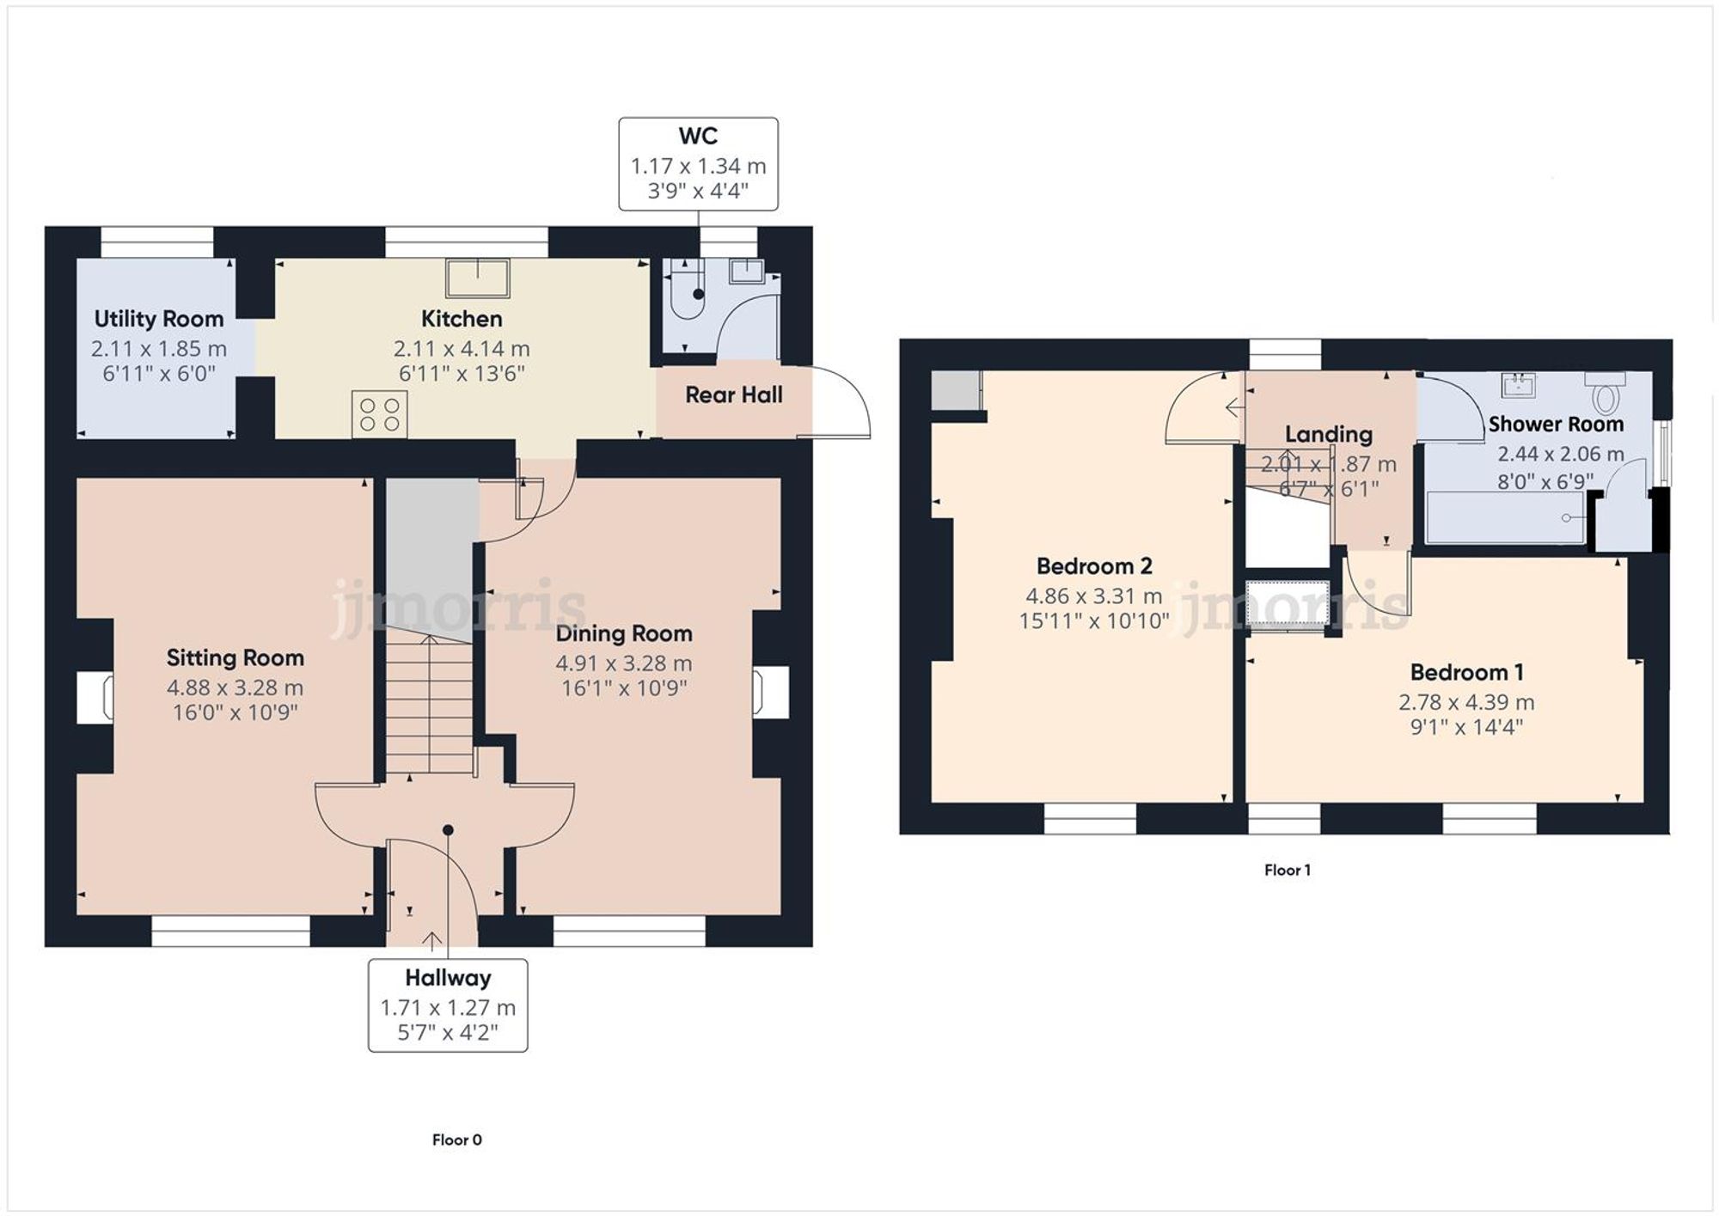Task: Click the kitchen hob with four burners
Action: [x=380, y=413]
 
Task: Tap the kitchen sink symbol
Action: [x=478, y=278]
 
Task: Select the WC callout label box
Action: [x=698, y=164]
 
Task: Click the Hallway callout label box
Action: [x=448, y=1005]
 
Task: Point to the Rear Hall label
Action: [x=733, y=394]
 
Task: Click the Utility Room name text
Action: [x=159, y=319]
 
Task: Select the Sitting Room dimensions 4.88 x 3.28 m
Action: [x=235, y=687]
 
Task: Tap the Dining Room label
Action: [x=624, y=633]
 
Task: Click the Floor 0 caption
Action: [x=456, y=1140]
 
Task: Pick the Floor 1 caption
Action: [x=1287, y=870]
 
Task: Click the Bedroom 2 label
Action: [x=1093, y=565]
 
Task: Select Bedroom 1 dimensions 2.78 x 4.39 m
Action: [x=1466, y=702]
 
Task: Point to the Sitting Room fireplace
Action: [x=95, y=696]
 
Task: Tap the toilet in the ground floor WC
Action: [x=688, y=292]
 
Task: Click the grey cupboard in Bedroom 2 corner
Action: [x=956, y=391]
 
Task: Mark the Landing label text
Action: [x=1328, y=434]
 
